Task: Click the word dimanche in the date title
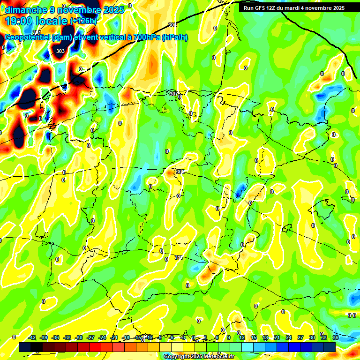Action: point(26,10)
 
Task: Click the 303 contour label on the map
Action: point(60,51)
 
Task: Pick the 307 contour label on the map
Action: point(173,94)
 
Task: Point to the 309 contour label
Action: point(180,172)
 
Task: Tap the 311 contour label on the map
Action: point(179,257)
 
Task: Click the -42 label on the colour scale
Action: point(32,337)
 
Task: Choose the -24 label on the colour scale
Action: point(102,337)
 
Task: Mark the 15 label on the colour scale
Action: point(253,337)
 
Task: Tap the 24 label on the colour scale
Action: point(288,337)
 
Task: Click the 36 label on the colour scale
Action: point(335,337)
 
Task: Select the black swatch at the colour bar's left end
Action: point(25,347)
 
